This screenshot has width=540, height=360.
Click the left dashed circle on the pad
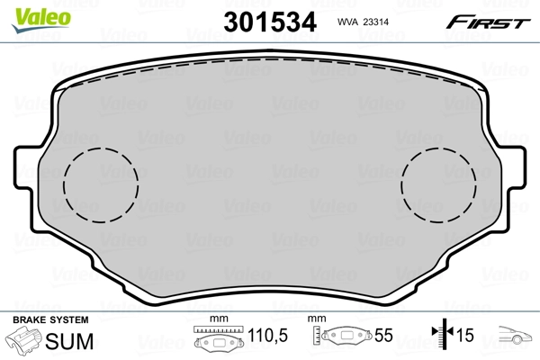point(101,183)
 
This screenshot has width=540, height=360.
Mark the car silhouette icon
point(516,337)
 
